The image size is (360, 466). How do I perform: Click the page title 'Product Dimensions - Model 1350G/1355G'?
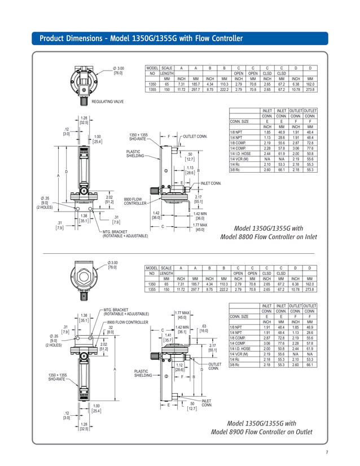[x=141, y=38]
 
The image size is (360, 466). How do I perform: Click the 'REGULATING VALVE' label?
[x=107, y=101]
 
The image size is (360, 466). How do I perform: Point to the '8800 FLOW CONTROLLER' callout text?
[x=135, y=201]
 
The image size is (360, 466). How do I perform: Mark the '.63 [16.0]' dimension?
[x=204, y=329]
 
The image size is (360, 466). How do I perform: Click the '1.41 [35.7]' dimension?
[x=168, y=337]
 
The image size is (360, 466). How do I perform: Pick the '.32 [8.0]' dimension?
[x=111, y=329]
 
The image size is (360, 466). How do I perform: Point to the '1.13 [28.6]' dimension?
[x=190, y=170]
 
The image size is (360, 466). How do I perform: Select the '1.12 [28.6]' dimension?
[x=180, y=367]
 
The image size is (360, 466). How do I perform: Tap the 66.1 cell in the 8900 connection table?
[x=310, y=365]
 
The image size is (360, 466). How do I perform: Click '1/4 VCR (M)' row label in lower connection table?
[x=240, y=355]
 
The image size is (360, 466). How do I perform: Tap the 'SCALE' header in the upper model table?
[x=166, y=67]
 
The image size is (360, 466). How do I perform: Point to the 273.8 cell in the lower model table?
[x=310, y=289]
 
